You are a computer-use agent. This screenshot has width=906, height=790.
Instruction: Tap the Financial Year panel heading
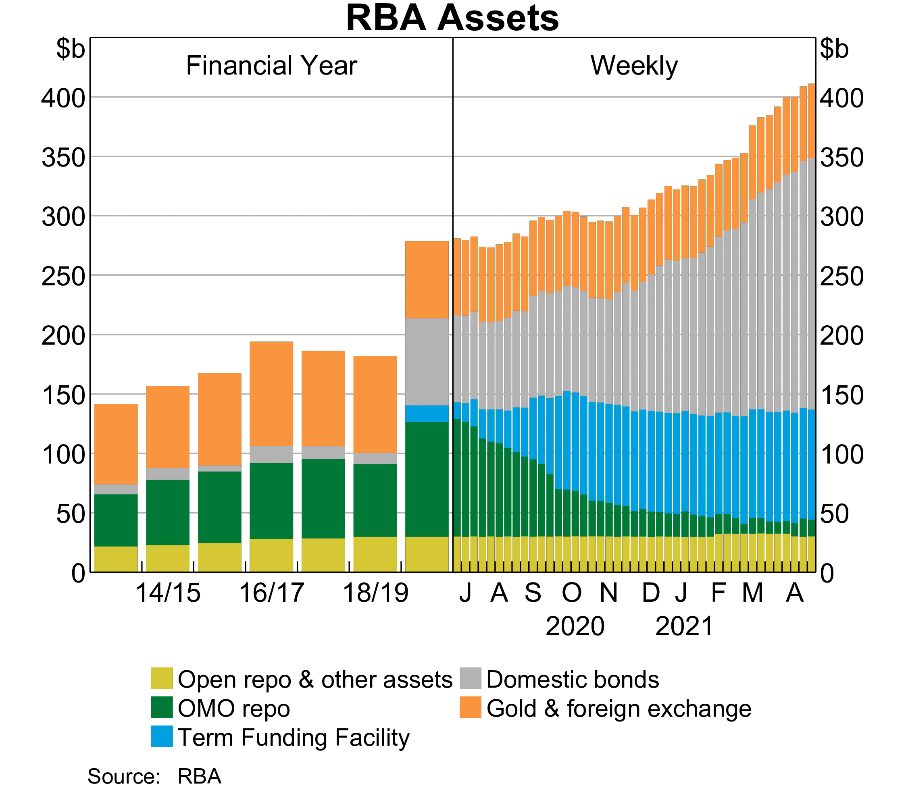pos(271,66)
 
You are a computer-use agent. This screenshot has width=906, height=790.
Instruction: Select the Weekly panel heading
pos(634,66)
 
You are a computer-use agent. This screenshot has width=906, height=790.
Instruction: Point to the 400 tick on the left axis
pos(63,98)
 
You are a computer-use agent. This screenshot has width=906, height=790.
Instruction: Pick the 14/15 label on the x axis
pos(168,592)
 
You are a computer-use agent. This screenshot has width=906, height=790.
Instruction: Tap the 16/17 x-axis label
pos(271,592)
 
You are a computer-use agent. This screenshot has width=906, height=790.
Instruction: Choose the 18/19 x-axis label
pos(375,592)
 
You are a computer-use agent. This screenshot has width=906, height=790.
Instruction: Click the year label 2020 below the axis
pos(575,626)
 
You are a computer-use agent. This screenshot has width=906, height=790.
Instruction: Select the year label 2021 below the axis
pos(684,626)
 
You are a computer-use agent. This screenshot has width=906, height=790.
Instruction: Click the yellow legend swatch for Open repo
pos(161,678)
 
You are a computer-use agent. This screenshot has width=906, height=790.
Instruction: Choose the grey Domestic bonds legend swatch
pos(470,678)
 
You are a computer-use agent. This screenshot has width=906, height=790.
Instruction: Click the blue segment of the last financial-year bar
pos(427,414)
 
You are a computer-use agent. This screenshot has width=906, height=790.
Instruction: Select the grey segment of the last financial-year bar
pos(427,362)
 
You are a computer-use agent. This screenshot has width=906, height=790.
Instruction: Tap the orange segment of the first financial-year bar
pos(116,444)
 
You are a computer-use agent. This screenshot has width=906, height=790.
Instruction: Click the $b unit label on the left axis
pos(70,49)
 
